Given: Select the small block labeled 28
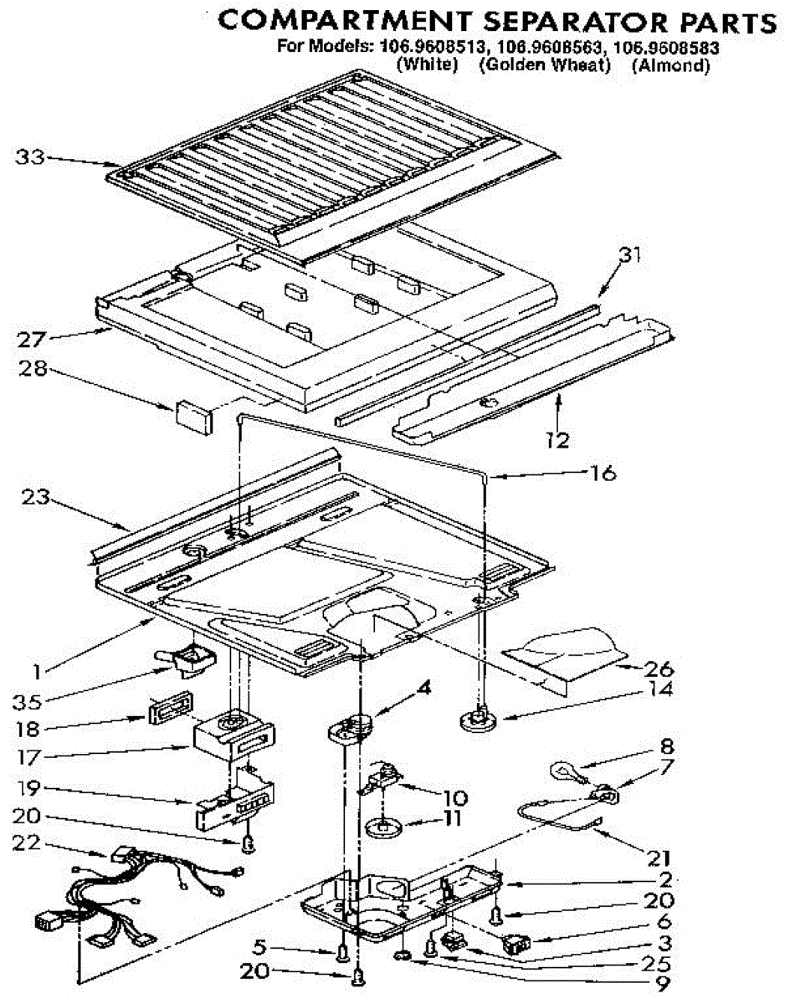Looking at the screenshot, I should (x=193, y=415).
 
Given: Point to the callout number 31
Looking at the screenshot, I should (x=628, y=257).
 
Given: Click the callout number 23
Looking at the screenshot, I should (x=33, y=499).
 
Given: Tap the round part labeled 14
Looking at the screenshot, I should (x=478, y=719).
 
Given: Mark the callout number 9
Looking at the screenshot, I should (x=664, y=982).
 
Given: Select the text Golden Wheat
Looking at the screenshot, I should (x=545, y=65).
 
